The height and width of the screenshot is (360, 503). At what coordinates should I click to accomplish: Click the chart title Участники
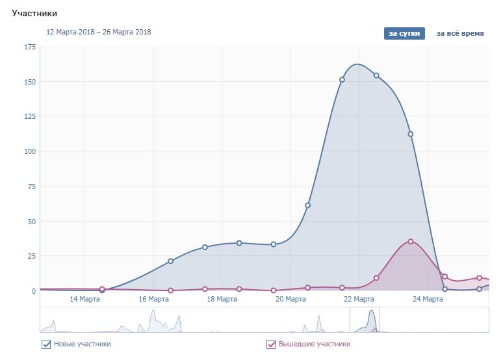click(34, 13)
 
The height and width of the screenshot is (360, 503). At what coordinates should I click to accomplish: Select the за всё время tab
click(459, 33)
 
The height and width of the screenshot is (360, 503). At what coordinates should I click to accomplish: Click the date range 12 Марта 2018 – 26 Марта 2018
click(98, 31)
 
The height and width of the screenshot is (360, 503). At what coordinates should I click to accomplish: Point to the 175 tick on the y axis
click(30, 47)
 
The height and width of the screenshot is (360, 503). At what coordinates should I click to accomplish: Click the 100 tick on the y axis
click(30, 151)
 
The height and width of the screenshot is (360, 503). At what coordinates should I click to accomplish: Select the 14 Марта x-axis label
click(84, 299)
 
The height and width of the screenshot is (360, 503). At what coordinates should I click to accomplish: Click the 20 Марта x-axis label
click(290, 299)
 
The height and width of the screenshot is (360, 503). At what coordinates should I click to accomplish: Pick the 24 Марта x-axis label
click(428, 299)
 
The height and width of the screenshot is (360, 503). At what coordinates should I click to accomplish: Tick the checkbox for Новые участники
click(46, 344)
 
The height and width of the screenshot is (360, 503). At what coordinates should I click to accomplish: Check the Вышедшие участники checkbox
click(271, 344)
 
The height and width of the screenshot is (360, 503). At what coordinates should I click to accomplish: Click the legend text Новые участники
click(82, 344)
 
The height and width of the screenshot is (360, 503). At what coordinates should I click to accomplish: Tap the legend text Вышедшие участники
click(315, 344)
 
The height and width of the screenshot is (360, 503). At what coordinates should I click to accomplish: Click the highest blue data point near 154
click(376, 75)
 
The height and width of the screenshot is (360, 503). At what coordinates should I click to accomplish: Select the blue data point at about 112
click(411, 135)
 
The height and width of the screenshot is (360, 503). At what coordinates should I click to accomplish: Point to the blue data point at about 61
click(307, 205)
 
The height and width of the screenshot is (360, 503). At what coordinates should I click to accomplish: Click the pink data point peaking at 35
click(411, 242)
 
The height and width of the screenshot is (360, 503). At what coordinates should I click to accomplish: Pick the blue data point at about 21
click(170, 261)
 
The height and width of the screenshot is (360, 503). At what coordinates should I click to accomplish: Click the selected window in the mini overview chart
click(365, 320)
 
